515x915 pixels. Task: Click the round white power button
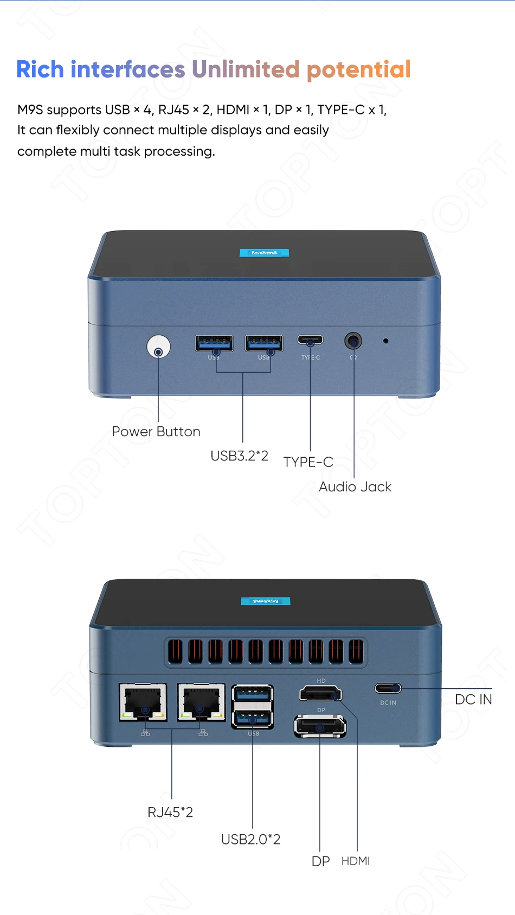(x=158, y=347)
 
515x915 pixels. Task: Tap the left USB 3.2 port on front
(x=214, y=343)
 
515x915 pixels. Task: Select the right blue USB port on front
(x=264, y=343)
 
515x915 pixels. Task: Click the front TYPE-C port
(x=310, y=340)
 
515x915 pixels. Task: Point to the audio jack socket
(x=353, y=341)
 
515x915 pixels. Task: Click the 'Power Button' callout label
(x=156, y=432)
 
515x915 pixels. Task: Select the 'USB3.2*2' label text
(x=239, y=456)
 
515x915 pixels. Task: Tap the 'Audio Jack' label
(x=355, y=487)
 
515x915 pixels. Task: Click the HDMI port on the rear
(x=320, y=693)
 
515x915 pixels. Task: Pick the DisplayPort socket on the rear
(x=320, y=726)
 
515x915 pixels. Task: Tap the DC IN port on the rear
(x=388, y=688)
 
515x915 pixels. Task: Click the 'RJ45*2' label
(x=170, y=812)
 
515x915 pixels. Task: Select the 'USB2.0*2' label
(x=250, y=840)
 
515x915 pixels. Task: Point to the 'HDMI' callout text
(x=356, y=861)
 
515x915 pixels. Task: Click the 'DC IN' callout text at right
(x=473, y=700)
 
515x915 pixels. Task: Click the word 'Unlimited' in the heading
(x=246, y=69)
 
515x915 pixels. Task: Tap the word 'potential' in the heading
(x=359, y=70)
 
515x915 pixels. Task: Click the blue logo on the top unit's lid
(x=265, y=253)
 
